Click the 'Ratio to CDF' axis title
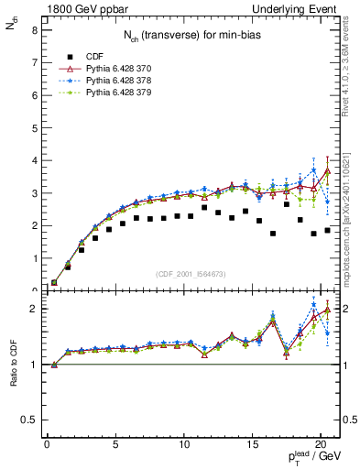[12, 362]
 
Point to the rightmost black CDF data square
[327, 230]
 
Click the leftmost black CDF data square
[54, 283]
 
